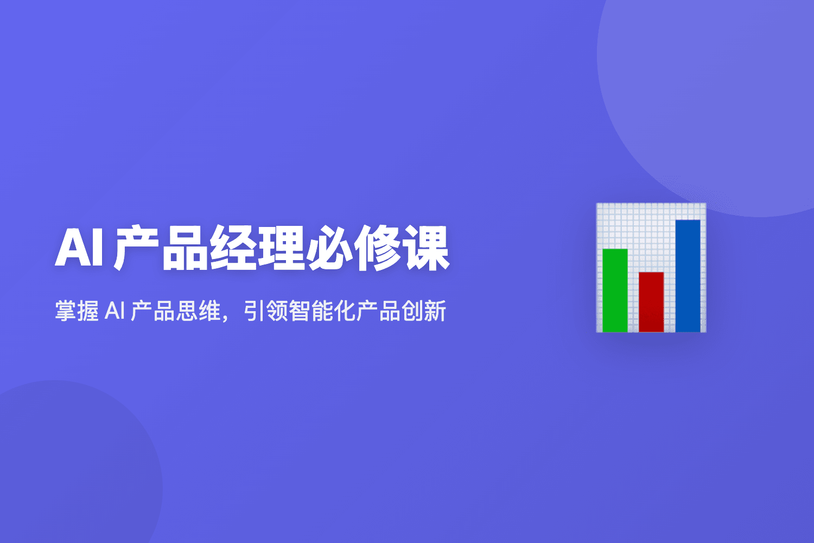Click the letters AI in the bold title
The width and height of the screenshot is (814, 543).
[x=79, y=249]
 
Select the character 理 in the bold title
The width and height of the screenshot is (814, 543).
[x=281, y=249]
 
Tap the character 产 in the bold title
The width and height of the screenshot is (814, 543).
[x=137, y=249]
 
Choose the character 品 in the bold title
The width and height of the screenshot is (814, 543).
[x=185, y=249]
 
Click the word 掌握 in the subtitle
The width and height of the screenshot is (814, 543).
[x=77, y=312]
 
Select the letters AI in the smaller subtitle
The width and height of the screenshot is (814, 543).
[x=115, y=312]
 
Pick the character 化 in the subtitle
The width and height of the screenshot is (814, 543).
[x=345, y=312]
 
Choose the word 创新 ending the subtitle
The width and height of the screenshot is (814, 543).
[x=424, y=312]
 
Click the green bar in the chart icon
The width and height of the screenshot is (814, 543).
[x=615, y=290]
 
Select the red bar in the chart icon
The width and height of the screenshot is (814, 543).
[x=651, y=301]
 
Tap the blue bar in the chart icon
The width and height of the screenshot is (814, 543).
[x=688, y=275]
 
